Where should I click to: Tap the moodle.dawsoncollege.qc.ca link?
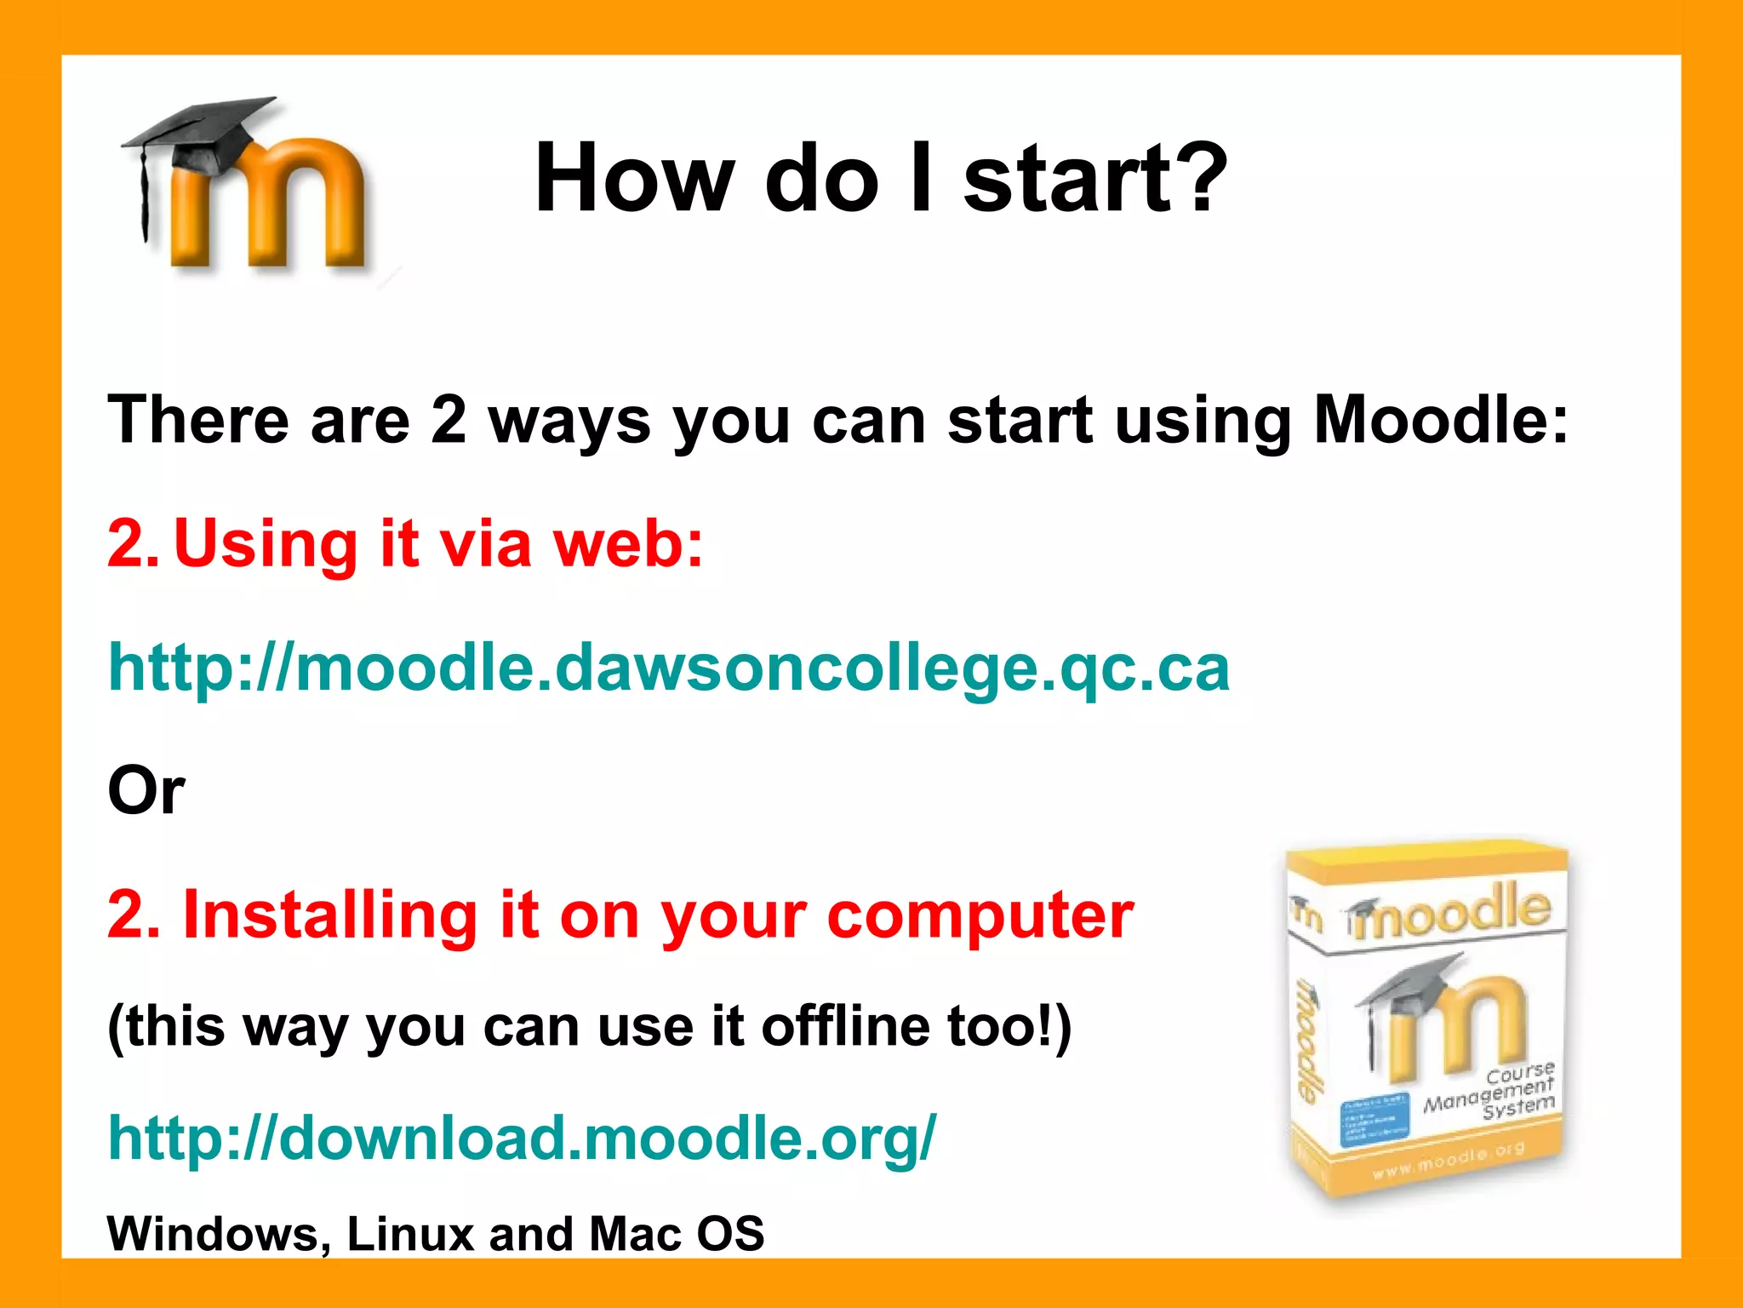pos(669,668)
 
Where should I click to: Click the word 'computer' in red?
pos(980,916)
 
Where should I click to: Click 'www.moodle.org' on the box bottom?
pos(1447,1160)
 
